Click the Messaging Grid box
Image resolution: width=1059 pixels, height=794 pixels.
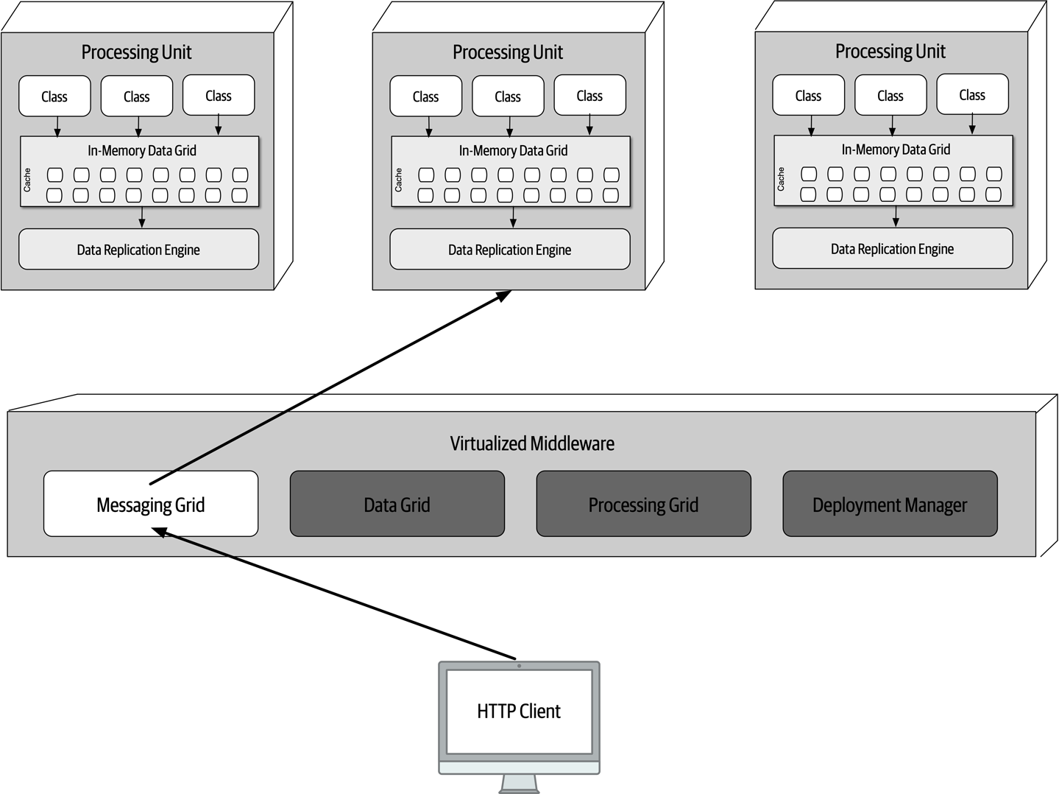click(x=151, y=504)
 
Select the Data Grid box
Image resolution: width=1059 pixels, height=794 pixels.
click(x=397, y=504)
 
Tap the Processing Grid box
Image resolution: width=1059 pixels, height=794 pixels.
click(x=643, y=504)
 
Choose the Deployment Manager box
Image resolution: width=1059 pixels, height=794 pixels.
click(x=889, y=504)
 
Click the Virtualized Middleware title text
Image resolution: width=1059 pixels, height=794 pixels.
click(x=531, y=443)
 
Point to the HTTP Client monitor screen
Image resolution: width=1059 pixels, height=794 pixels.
click(x=519, y=711)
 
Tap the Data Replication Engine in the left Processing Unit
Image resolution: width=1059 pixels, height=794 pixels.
click(x=138, y=250)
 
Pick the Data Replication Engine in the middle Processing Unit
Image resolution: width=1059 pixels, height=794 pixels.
click(x=509, y=250)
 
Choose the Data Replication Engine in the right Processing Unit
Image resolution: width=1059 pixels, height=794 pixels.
click(x=892, y=249)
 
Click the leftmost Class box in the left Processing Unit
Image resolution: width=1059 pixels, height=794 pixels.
click(x=54, y=96)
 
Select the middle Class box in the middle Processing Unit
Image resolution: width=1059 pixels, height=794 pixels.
click(x=507, y=96)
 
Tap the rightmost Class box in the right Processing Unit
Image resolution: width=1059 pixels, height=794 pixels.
click(x=971, y=95)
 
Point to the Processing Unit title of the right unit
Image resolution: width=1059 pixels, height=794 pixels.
click(x=890, y=52)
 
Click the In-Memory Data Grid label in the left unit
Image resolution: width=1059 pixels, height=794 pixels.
click(x=142, y=150)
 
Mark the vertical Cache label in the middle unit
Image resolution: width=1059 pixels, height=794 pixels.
click(x=398, y=180)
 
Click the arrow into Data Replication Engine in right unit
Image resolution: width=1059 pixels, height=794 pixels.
click(x=896, y=217)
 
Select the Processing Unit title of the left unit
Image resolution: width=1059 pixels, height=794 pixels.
click(x=136, y=52)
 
